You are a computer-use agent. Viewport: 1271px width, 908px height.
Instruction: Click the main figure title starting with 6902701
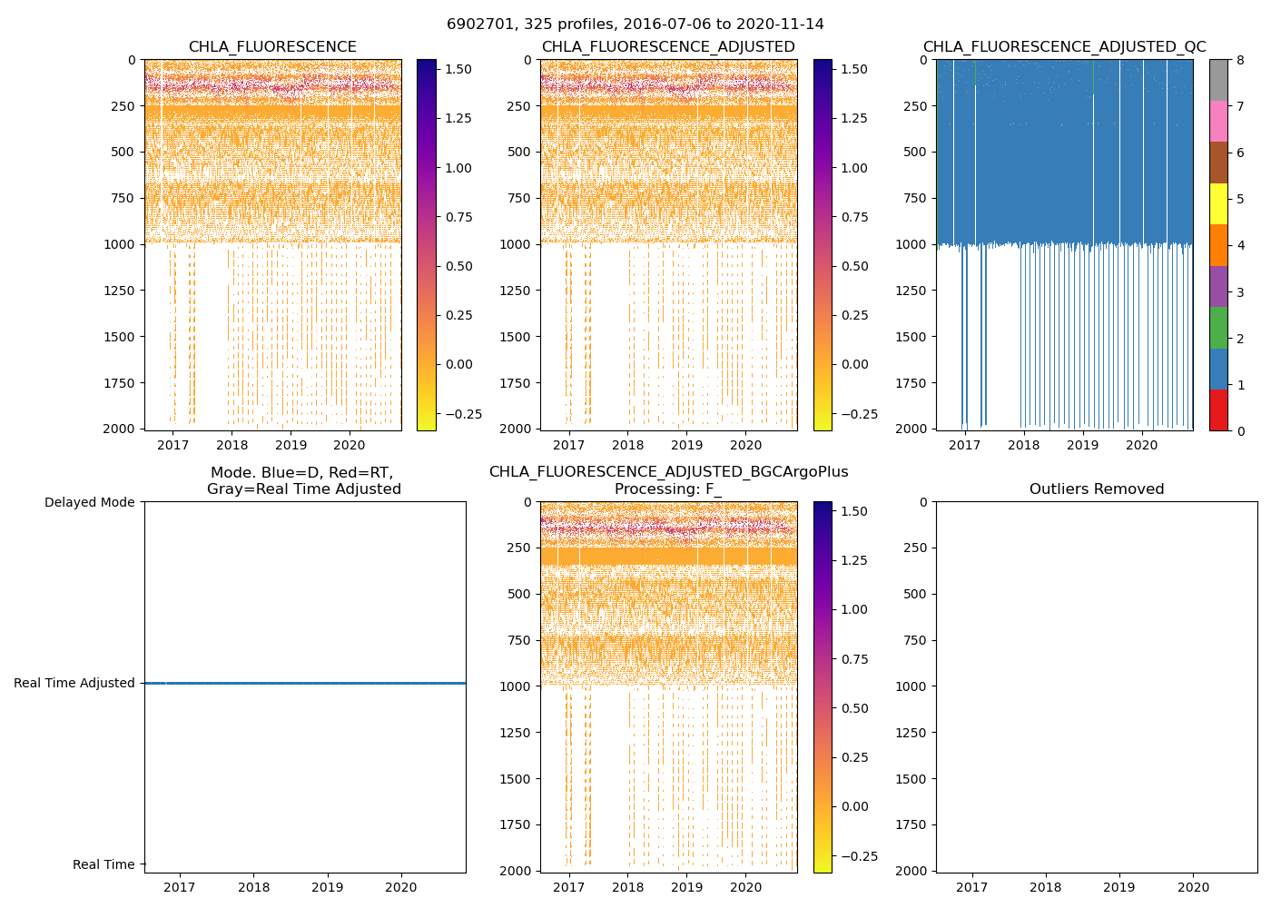click(x=635, y=25)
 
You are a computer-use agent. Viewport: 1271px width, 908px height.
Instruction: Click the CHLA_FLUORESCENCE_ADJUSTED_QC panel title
click(x=1064, y=47)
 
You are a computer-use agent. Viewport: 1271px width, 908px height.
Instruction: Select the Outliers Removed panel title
click(x=1097, y=489)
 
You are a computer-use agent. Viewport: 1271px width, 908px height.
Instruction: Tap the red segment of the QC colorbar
click(x=1218, y=410)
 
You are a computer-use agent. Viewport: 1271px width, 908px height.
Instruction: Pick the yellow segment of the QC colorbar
click(x=1218, y=204)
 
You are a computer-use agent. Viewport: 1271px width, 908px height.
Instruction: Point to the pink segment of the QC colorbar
click(x=1218, y=122)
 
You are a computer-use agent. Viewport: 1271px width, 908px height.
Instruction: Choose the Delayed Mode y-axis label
click(x=89, y=502)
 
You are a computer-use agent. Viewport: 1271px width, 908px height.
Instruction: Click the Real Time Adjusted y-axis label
click(x=74, y=683)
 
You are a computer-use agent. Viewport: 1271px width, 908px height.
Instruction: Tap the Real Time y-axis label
click(x=103, y=864)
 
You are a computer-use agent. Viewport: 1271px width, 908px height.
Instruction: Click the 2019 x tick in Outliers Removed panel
click(x=1119, y=887)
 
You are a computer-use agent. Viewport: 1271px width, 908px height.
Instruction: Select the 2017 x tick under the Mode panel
click(x=180, y=887)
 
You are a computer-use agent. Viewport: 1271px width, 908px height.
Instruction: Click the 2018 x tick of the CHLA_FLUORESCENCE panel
click(x=232, y=445)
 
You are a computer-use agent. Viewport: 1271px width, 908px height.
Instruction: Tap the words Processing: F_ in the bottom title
click(x=668, y=489)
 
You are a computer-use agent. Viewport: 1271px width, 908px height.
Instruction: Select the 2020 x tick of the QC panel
click(x=1142, y=445)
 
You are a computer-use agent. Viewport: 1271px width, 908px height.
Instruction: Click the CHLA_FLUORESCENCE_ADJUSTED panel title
click(x=668, y=47)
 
